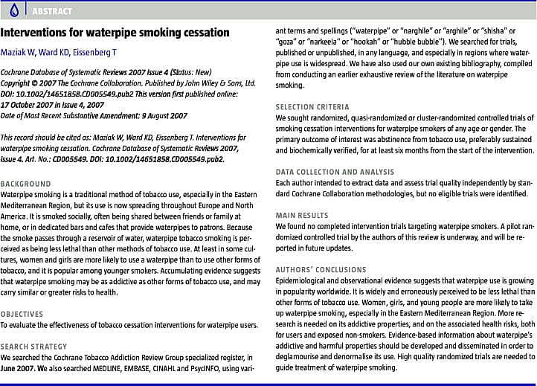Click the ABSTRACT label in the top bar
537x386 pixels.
click(51, 11)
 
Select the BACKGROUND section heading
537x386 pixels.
click(26, 183)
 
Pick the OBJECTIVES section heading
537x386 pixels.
click(22, 314)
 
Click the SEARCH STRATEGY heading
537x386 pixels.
click(33, 347)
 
